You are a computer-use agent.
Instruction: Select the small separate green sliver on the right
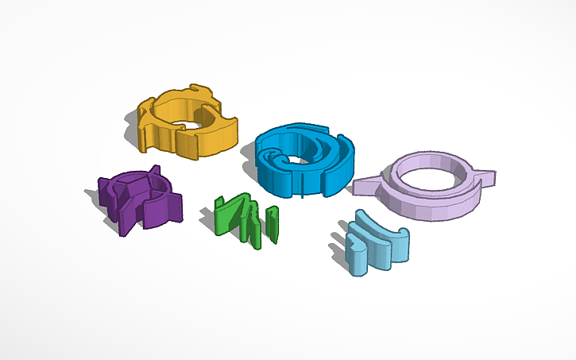[x=273, y=224]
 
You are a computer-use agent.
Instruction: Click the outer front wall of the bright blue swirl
[x=286, y=179]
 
